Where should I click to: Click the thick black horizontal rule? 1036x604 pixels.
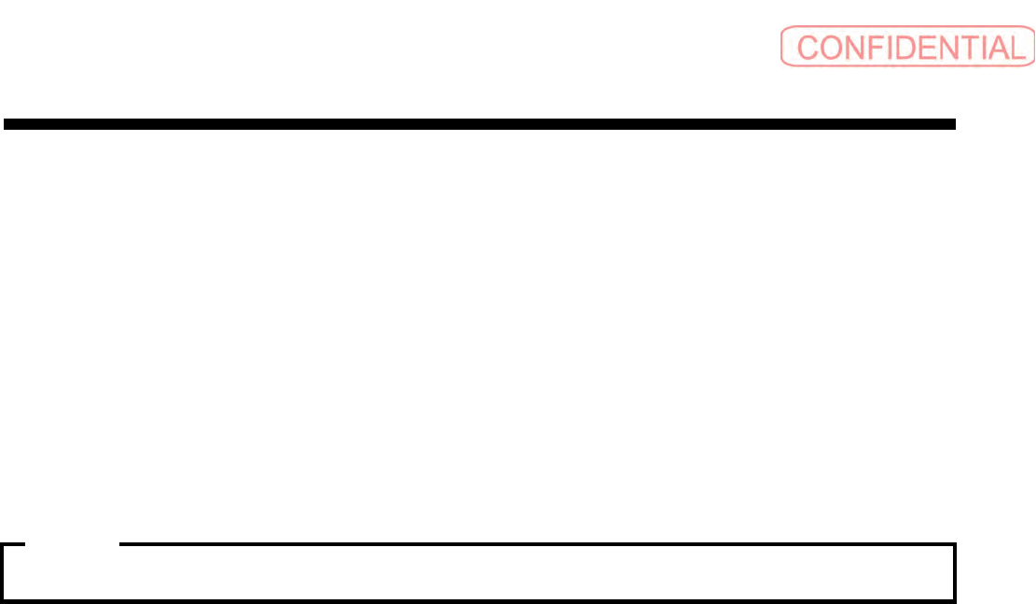479,123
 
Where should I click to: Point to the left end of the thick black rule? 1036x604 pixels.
6,123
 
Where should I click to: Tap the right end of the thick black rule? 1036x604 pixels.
953,123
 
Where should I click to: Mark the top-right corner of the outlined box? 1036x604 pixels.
955,544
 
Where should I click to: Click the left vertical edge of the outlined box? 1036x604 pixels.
3,571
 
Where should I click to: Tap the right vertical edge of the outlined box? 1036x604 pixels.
955,571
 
